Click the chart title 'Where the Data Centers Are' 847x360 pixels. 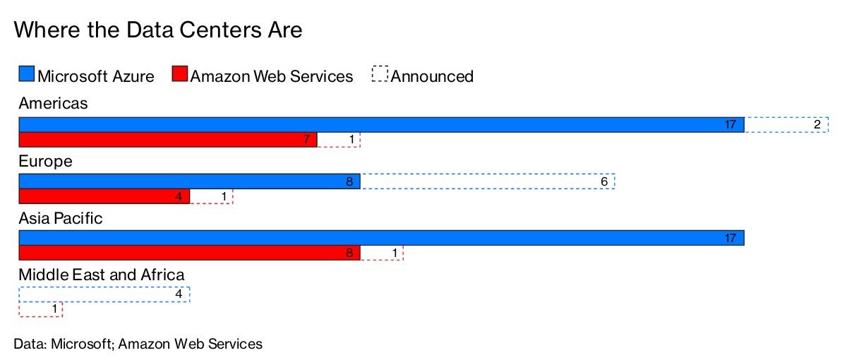click(158, 30)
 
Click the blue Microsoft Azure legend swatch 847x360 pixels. click(26, 75)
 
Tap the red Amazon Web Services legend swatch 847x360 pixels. click(180, 75)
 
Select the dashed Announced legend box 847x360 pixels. click(380, 75)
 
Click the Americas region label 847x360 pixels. click(54, 104)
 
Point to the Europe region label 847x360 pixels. click(45, 161)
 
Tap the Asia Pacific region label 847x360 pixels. click(61, 218)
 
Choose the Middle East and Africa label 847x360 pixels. click(102, 275)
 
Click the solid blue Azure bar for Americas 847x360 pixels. click(381, 124)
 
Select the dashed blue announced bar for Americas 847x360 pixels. click(786, 124)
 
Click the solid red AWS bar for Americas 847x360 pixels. click(167, 140)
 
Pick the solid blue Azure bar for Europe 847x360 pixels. click(189, 181)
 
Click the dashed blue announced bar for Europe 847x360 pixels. click(487, 181)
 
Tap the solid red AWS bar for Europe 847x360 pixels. click(104, 196)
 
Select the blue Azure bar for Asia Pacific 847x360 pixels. click(381, 239)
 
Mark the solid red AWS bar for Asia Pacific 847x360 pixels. click(189, 253)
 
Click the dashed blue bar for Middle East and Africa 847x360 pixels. click(104, 294)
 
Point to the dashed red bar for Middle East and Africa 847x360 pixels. click(40, 309)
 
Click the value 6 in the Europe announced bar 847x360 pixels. click(604, 181)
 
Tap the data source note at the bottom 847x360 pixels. click(138, 344)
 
